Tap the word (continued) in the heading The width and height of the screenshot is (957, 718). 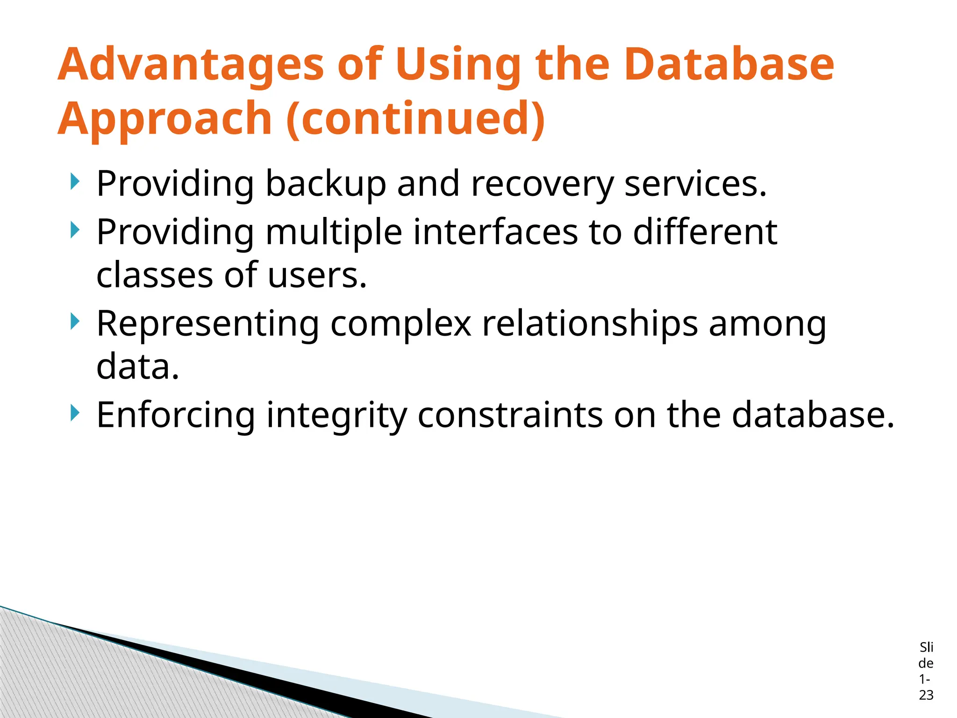pyautogui.click(x=415, y=119)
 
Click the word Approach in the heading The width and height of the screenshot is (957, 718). pyautogui.click(x=164, y=119)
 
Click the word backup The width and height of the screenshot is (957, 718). pyautogui.click(x=326, y=184)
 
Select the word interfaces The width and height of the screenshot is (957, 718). pyautogui.click(x=495, y=232)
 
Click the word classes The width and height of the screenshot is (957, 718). pyautogui.click(x=154, y=275)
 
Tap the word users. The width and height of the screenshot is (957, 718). pyautogui.click(x=317, y=275)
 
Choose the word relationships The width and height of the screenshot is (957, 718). pyautogui.click(x=590, y=324)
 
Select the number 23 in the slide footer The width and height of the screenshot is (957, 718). pyautogui.click(x=926, y=695)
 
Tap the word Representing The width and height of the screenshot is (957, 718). pyautogui.click(x=208, y=324)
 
